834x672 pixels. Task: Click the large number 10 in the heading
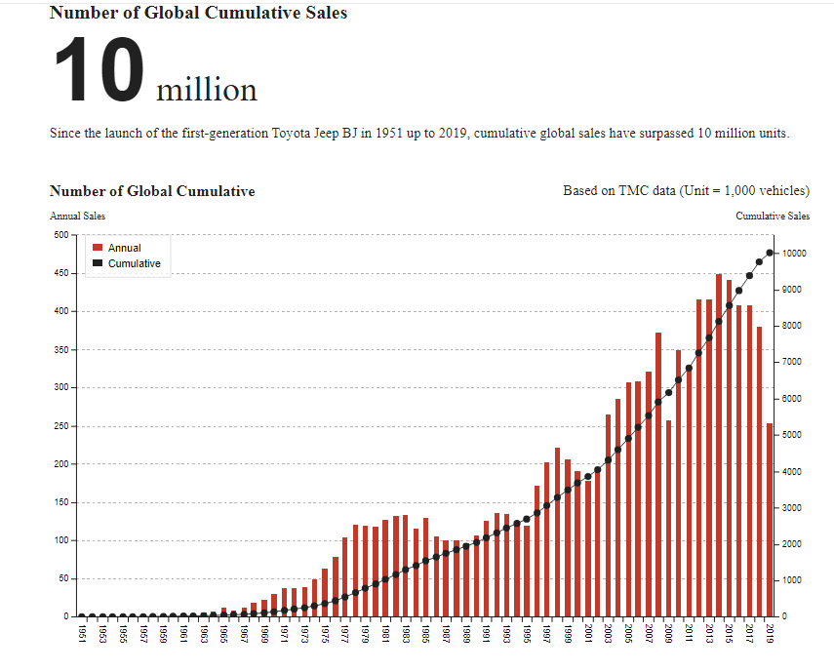point(99,70)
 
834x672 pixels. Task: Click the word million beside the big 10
point(207,90)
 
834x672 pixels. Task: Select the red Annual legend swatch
point(98,249)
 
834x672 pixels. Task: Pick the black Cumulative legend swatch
point(98,264)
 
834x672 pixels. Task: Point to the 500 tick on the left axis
point(60,235)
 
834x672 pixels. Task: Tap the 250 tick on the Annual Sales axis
point(60,426)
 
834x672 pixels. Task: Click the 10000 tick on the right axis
point(792,254)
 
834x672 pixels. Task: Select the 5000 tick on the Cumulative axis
point(789,435)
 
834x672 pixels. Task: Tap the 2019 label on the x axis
point(770,634)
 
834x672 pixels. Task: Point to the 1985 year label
point(425,634)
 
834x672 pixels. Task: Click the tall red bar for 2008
point(658,475)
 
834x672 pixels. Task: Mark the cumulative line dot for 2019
point(770,254)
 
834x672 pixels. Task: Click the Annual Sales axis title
point(77,216)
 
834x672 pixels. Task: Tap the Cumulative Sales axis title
point(773,216)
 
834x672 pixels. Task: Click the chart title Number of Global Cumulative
point(152,191)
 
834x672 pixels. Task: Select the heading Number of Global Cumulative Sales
point(198,13)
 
